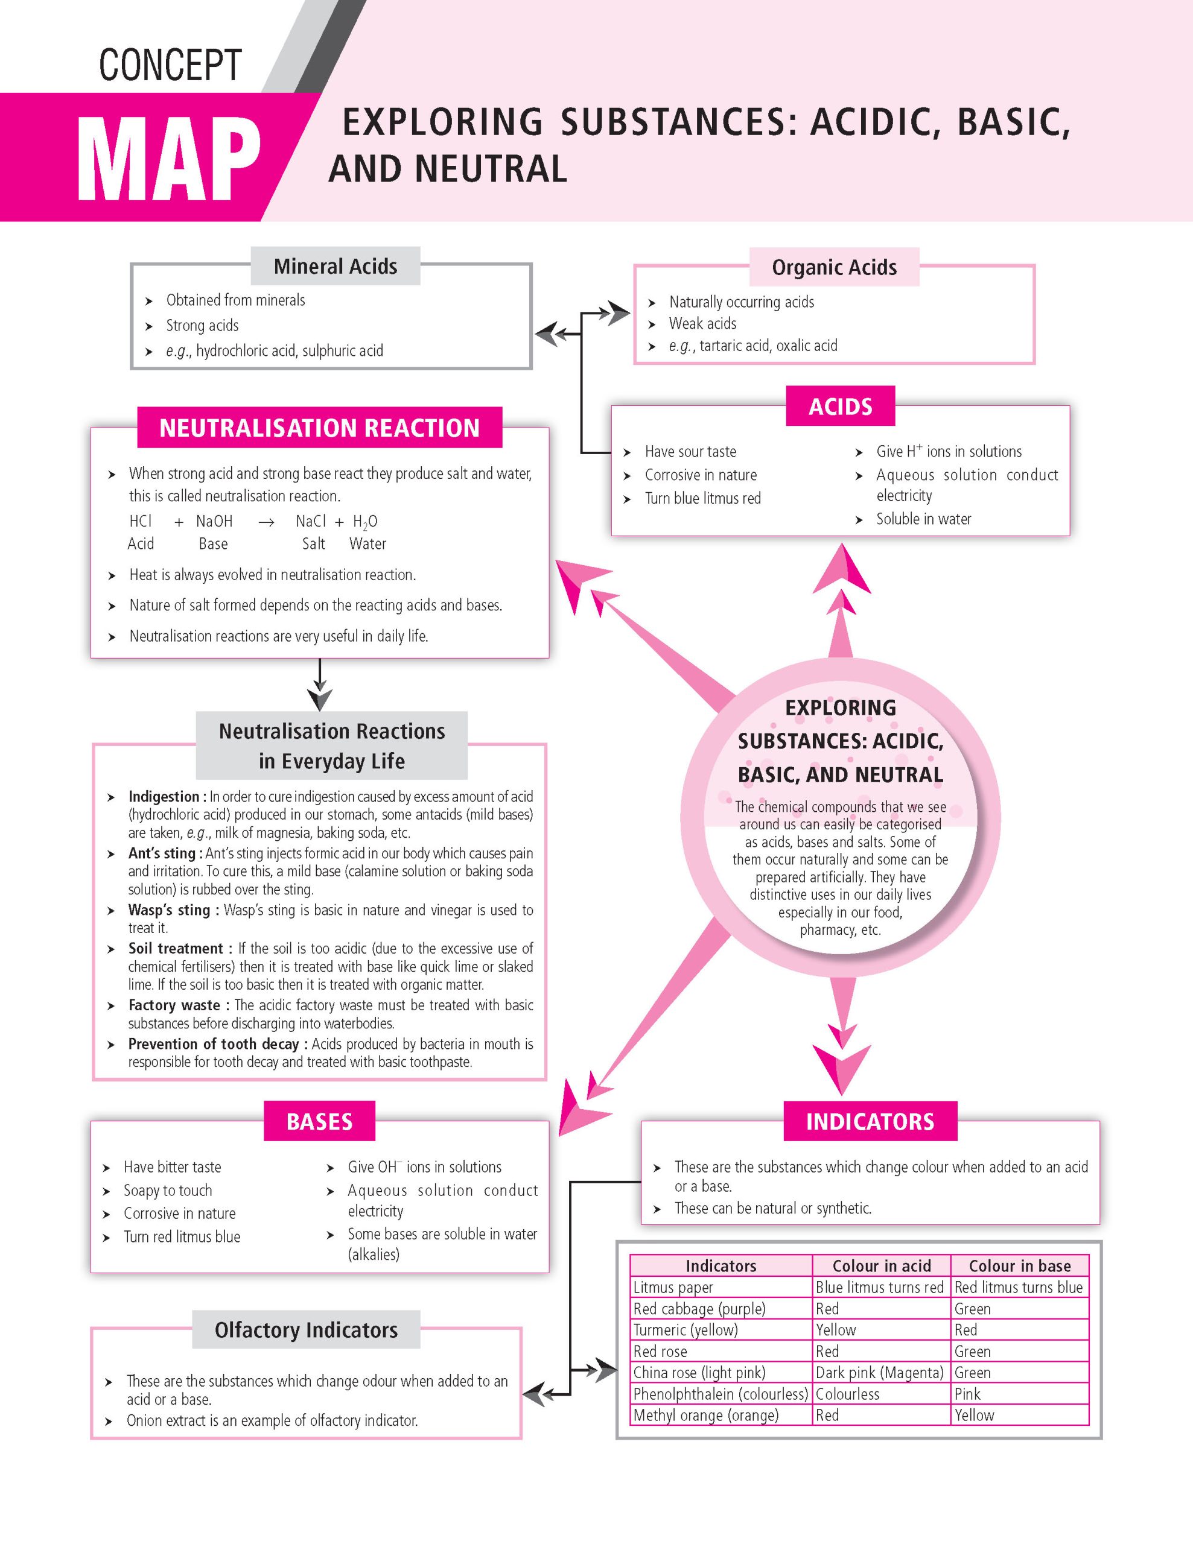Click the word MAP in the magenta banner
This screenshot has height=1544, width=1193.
[x=168, y=160]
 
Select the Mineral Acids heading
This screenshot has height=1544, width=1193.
[x=335, y=267]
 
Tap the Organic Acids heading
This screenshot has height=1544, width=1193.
[x=834, y=267]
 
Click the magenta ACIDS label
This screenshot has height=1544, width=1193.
[x=840, y=407]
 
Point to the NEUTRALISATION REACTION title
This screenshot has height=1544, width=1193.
[x=320, y=428]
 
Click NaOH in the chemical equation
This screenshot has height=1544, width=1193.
[x=214, y=521]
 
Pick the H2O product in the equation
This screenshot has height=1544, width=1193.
[x=365, y=522]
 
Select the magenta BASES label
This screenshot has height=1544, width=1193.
[x=320, y=1121]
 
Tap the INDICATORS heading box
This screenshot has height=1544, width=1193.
[x=870, y=1121]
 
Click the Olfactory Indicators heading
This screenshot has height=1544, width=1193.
[x=306, y=1330]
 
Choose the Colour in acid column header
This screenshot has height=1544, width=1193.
[x=881, y=1265]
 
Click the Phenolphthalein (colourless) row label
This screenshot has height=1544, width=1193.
[x=720, y=1393]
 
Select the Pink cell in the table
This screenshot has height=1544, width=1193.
[x=967, y=1393]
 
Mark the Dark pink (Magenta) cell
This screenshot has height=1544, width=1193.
[x=879, y=1372]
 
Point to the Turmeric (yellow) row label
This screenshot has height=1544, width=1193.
[x=686, y=1330]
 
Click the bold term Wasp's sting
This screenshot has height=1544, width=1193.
[x=169, y=910]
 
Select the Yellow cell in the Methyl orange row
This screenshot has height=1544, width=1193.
[x=975, y=1414]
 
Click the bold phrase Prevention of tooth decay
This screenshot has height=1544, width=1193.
[x=217, y=1044]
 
